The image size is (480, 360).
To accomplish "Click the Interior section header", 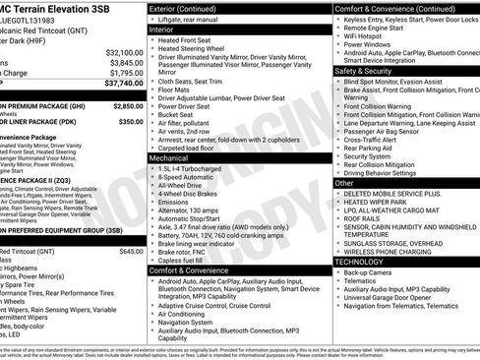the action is coord(161,30).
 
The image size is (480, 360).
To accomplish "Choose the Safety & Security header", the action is coord(363,71).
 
